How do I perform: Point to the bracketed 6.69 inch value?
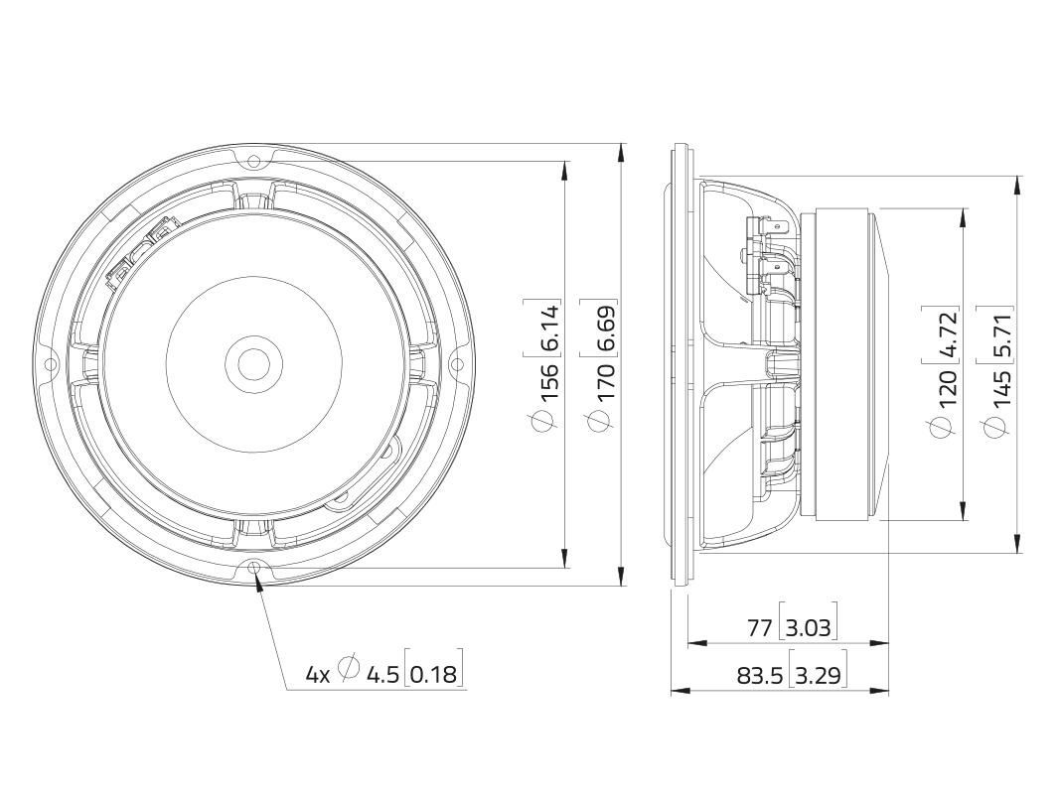pyautogui.click(x=605, y=328)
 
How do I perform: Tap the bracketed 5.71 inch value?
pyautogui.click(x=1003, y=333)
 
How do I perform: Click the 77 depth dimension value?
pyautogui.click(x=759, y=628)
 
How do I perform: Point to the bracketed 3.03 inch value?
pyautogui.click(x=809, y=628)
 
